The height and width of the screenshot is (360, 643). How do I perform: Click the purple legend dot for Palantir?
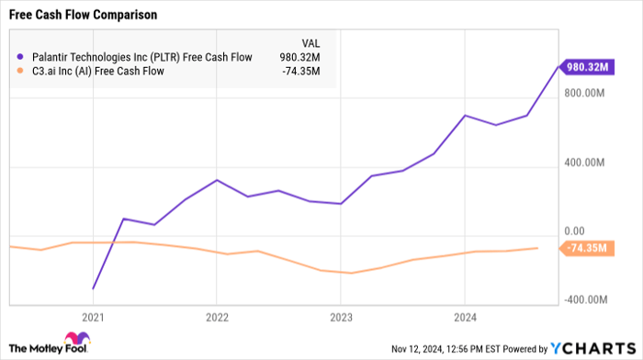click(x=19, y=57)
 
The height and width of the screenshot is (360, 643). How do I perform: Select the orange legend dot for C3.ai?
click(x=19, y=72)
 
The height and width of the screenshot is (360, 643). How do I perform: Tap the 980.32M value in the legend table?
click(x=301, y=57)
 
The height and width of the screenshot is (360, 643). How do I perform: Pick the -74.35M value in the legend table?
click(x=301, y=72)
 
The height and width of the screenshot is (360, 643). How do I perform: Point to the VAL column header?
click(x=311, y=42)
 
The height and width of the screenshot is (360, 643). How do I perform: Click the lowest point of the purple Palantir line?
click(x=94, y=288)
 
